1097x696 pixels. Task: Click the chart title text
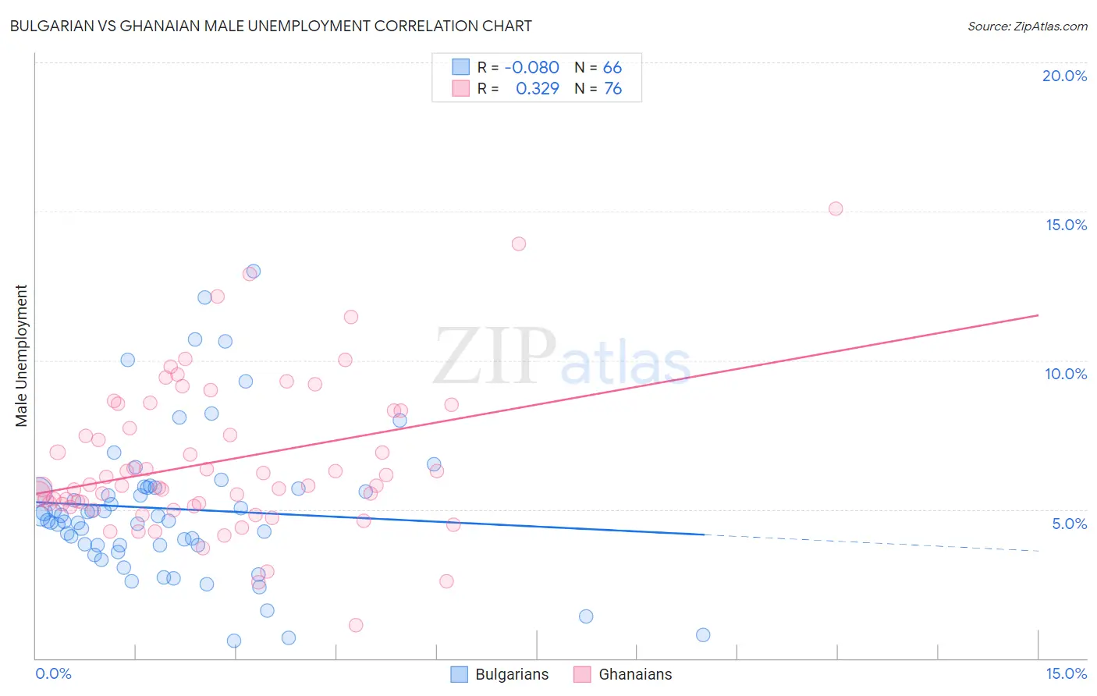click(271, 26)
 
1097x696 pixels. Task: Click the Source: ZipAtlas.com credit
click(1027, 26)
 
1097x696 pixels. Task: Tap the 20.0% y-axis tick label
click(1064, 76)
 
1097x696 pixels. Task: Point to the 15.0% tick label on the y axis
click(1066, 225)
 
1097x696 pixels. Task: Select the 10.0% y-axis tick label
click(1066, 374)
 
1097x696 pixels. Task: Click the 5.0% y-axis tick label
click(1069, 524)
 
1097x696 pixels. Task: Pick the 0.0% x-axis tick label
click(53, 673)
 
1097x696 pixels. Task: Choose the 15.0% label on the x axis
click(1066, 673)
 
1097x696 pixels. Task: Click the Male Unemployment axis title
click(21, 355)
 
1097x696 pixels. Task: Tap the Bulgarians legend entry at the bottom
click(499, 674)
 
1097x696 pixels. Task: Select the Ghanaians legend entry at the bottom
click(623, 674)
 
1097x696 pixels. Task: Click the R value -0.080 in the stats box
click(531, 68)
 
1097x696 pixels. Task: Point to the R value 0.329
click(537, 89)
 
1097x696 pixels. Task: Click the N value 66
click(612, 68)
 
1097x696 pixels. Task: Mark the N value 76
click(612, 89)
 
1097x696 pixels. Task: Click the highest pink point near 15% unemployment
click(836, 208)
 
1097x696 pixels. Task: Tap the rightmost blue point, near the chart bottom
click(703, 634)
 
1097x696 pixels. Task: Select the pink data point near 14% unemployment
click(519, 243)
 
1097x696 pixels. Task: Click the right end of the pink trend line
click(1038, 314)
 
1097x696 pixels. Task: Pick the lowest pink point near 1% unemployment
click(356, 625)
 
